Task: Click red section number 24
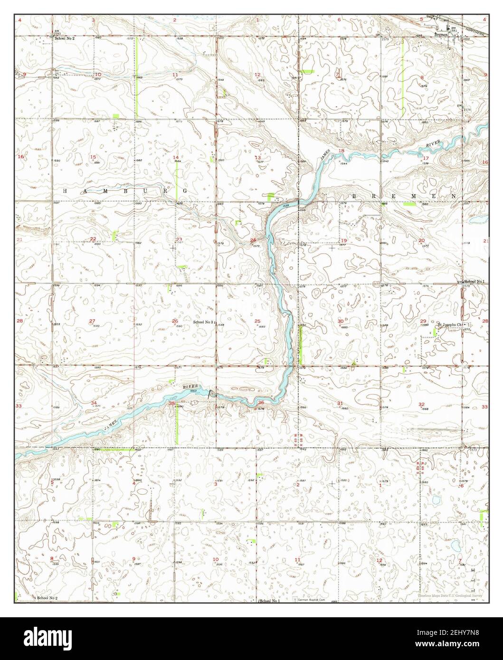tap(253, 240)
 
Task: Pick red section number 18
tap(341, 151)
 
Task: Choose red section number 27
tap(92, 321)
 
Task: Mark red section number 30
tap(340, 321)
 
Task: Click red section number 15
tap(93, 157)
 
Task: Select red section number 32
tap(421, 404)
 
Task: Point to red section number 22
tap(93, 239)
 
